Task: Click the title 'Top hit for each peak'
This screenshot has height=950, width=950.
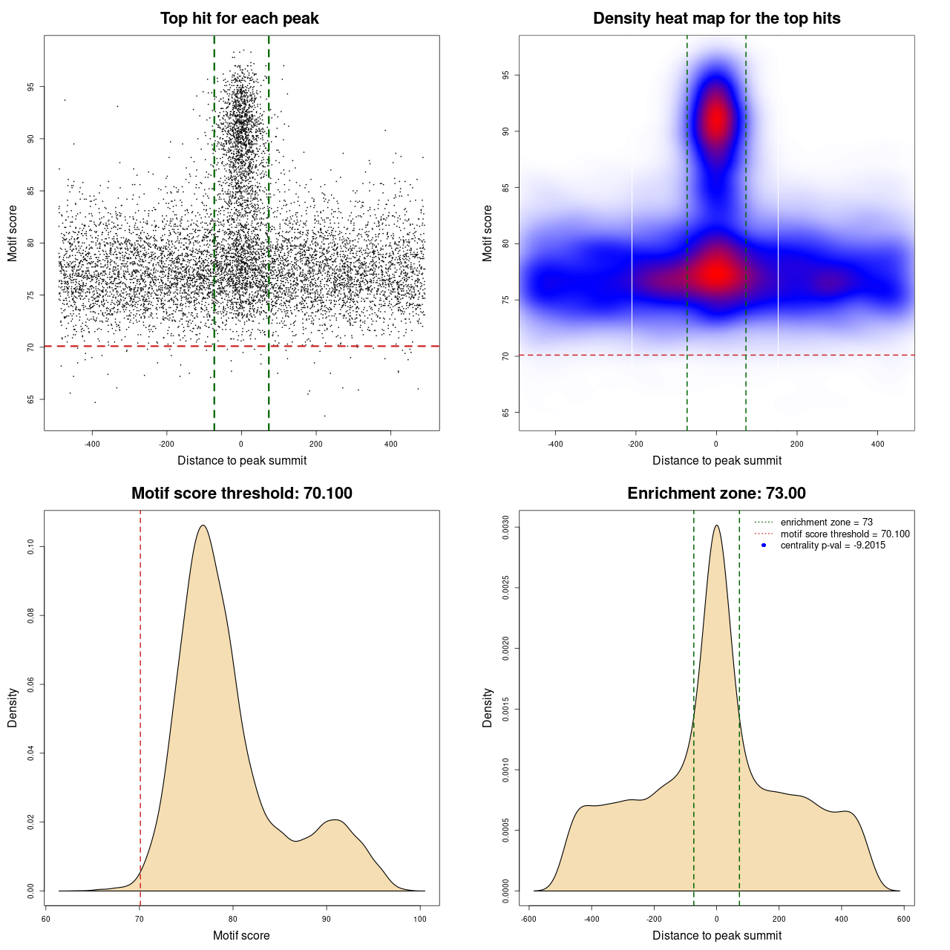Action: pyautogui.click(x=239, y=19)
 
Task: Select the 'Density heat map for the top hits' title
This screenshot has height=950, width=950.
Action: pyautogui.click(x=716, y=19)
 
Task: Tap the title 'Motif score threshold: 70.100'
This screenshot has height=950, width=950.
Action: pyautogui.click(x=241, y=494)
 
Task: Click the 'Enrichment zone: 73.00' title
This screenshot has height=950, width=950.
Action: pyautogui.click(x=716, y=494)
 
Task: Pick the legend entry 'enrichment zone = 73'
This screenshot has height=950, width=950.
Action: pyautogui.click(x=826, y=522)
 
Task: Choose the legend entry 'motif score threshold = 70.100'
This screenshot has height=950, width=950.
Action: pyautogui.click(x=845, y=534)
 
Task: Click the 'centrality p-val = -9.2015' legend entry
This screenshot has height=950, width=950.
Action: pyautogui.click(x=833, y=546)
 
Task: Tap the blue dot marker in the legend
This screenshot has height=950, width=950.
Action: pyautogui.click(x=764, y=546)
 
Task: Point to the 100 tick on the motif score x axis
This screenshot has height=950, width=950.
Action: pyautogui.click(x=420, y=919)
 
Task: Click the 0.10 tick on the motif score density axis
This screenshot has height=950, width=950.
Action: pyautogui.click(x=31, y=547)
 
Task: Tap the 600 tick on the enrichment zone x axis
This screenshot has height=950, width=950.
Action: pyautogui.click(x=903, y=919)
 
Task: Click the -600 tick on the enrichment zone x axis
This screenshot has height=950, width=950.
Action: pyautogui.click(x=528, y=919)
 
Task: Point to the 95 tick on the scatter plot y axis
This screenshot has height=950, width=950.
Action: pyautogui.click(x=31, y=87)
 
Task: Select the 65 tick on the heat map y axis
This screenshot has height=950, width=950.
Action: pyautogui.click(x=506, y=412)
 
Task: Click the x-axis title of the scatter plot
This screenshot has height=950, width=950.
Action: pyautogui.click(x=242, y=461)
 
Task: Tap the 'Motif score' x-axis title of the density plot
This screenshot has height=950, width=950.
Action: pyautogui.click(x=241, y=935)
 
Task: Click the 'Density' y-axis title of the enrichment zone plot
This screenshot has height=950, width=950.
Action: pyautogui.click(x=488, y=707)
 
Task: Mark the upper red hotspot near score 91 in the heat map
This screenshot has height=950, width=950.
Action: pyautogui.click(x=716, y=119)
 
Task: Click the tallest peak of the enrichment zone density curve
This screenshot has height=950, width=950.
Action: pyautogui.click(x=716, y=526)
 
